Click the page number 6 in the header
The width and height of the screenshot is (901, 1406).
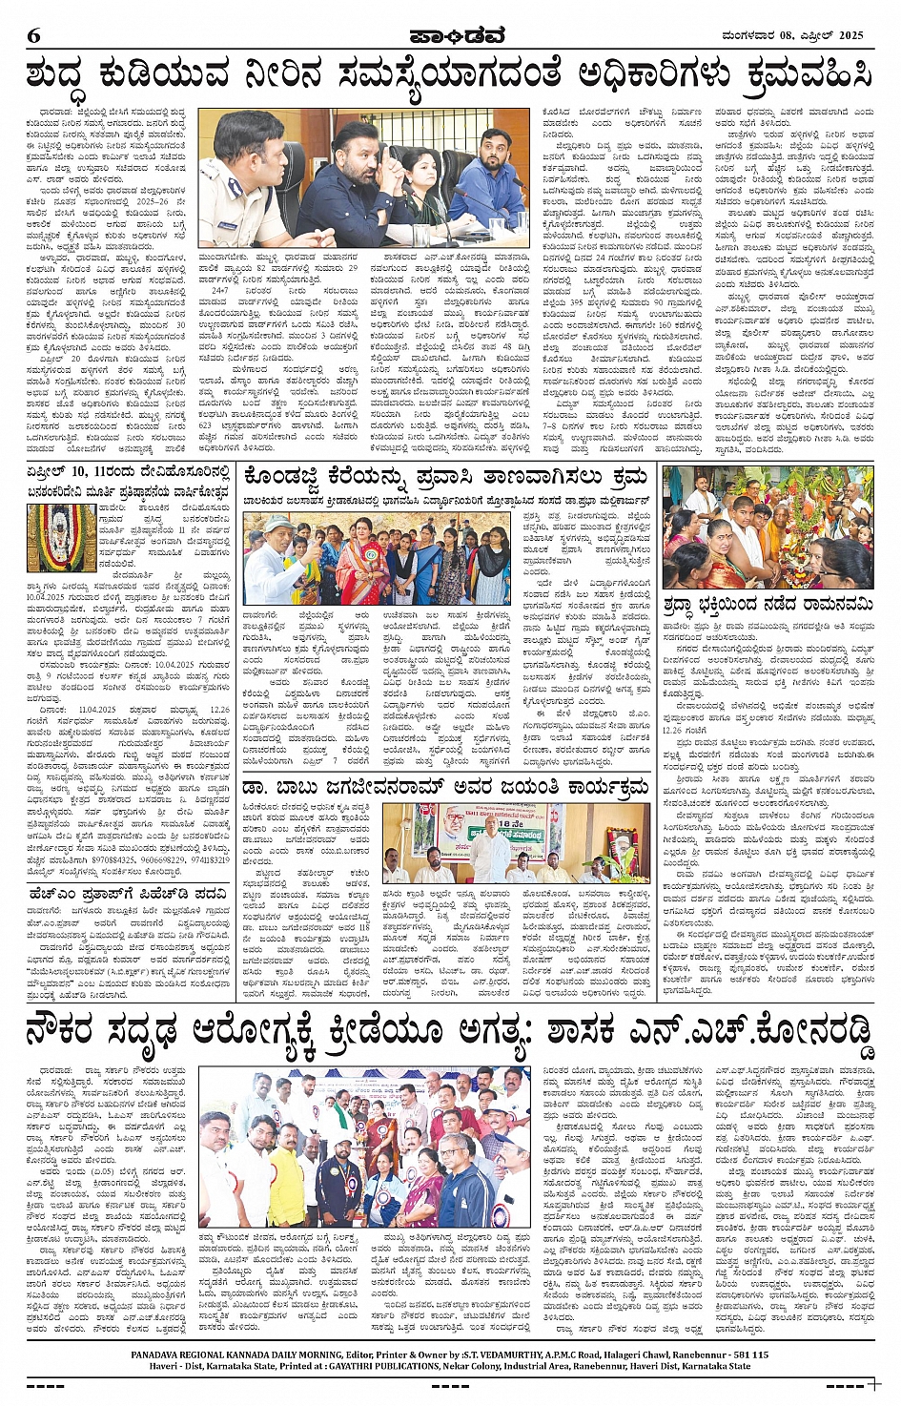coord(33,36)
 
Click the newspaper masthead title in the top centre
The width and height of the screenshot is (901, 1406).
coord(450,36)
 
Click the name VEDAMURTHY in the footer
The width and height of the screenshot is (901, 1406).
coord(517,1354)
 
